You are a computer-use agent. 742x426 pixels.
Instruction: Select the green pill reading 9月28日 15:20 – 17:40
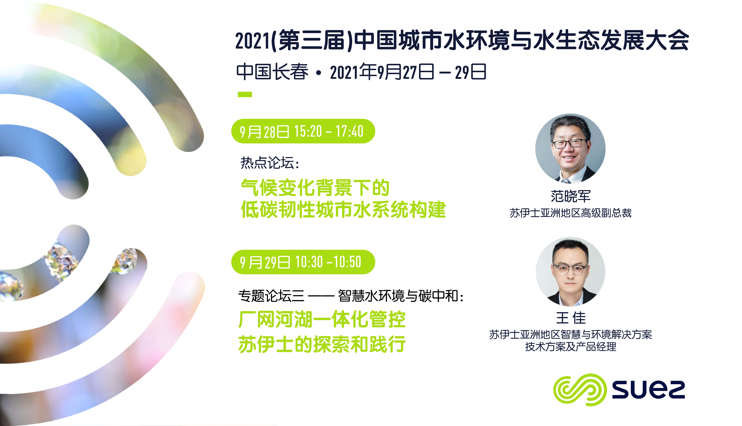[303, 131]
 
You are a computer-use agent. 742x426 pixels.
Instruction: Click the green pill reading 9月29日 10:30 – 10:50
[303, 262]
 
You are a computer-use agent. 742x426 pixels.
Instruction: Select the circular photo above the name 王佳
[570, 272]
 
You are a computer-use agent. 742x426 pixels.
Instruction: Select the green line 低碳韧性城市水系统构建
[343, 210]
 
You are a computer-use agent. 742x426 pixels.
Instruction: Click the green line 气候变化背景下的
[315, 187]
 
